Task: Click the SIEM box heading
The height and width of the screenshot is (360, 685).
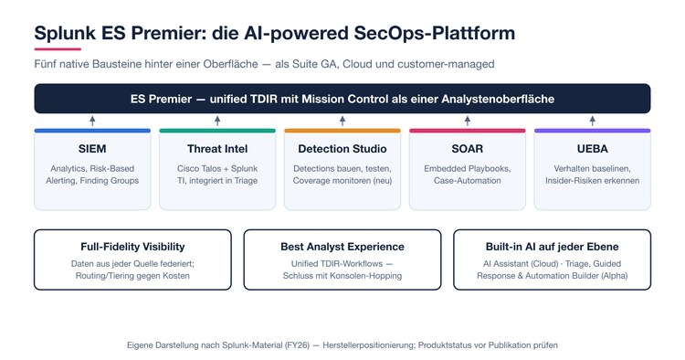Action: click(92, 149)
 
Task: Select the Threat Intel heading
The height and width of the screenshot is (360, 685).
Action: click(217, 149)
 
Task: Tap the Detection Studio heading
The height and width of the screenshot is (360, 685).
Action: click(342, 149)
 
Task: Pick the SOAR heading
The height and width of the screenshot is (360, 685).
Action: click(467, 149)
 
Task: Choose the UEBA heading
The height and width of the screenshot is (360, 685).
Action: click(592, 149)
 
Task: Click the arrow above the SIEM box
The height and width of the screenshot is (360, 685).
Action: click(92, 121)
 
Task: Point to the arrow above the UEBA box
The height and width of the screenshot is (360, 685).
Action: click(592, 121)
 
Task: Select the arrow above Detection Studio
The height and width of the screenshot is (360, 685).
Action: click(342, 121)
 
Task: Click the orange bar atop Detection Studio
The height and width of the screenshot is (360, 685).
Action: click(342, 131)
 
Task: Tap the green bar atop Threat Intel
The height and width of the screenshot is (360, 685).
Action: click(217, 131)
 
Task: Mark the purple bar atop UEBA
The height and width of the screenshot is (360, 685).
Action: click(592, 131)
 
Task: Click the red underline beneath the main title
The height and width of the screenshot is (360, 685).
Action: click(58, 49)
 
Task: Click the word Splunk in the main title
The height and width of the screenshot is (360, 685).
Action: click(65, 34)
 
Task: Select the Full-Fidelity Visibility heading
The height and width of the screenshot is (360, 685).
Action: click(132, 247)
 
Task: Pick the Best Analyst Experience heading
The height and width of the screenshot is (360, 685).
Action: click(342, 247)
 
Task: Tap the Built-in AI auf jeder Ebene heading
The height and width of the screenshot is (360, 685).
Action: click(552, 247)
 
